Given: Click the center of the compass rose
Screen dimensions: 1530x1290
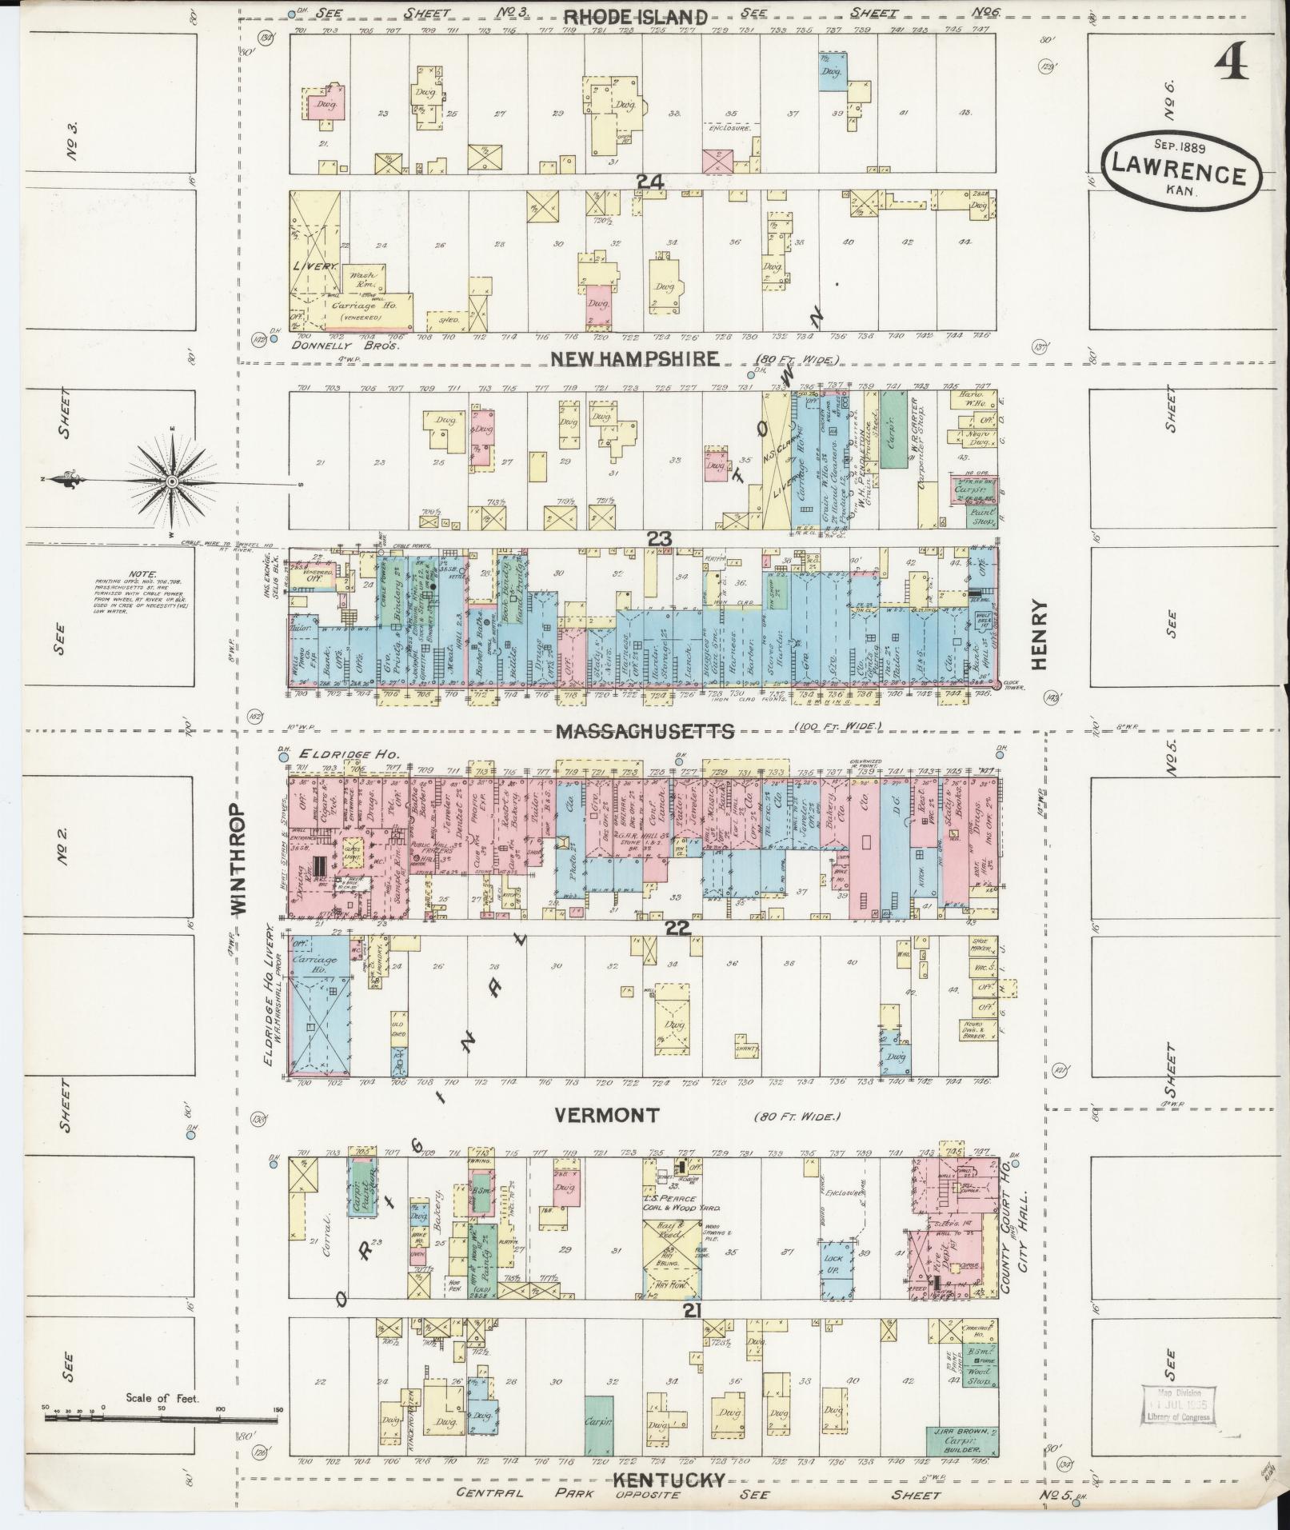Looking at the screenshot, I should tap(172, 481).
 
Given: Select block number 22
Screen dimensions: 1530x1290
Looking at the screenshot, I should tap(677, 928).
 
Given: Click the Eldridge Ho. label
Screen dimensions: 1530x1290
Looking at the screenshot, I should tap(328, 754).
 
